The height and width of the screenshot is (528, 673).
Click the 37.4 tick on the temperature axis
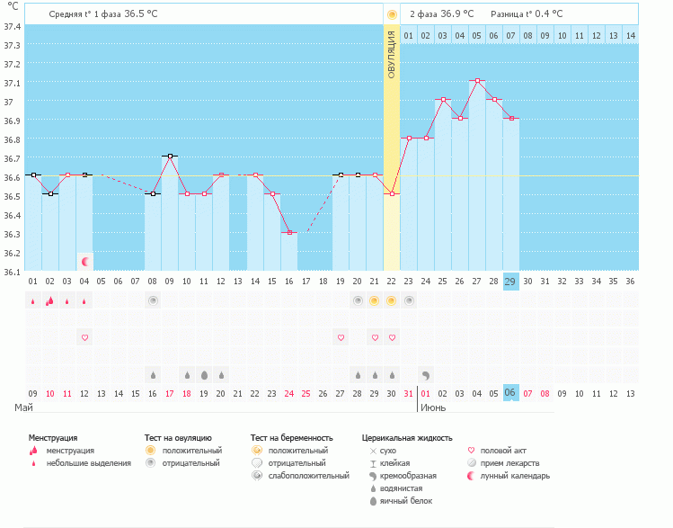[x=12, y=26]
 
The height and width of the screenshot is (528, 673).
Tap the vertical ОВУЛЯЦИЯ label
[x=392, y=54]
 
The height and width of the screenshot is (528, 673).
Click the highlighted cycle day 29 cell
[x=510, y=282]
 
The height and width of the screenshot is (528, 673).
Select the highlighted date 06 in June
[x=510, y=393]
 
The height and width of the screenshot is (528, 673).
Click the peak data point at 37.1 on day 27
[x=477, y=81]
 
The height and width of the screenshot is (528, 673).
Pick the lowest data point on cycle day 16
[x=289, y=232]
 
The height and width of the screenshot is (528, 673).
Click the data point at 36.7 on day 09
[x=170, y=157]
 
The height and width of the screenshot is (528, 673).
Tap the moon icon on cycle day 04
[x=85, y=262]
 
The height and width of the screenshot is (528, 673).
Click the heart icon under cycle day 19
[x=341, y=337]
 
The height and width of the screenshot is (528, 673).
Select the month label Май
[x=24, y=407]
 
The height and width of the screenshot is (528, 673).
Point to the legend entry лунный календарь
[x=515, y=476]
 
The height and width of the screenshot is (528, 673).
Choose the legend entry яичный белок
[x=405, y=500]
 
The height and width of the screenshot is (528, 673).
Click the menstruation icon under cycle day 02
[x=50, y=300]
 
